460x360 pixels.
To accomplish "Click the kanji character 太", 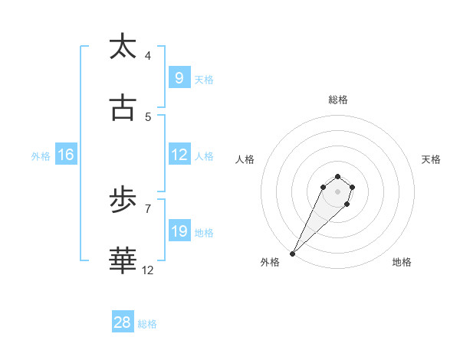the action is (123, 47).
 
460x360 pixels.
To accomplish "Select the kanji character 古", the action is (123, 109).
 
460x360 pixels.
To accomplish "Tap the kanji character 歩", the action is (123, 201).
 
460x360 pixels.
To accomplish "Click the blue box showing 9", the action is (179, 78).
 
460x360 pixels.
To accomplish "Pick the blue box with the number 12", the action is (179, 155).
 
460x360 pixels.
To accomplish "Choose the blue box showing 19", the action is (179, 231).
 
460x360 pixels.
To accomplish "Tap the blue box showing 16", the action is (66, 155).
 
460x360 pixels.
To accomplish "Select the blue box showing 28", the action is (123, 322).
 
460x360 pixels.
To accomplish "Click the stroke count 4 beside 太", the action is (148, 56).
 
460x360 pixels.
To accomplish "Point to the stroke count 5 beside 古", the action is (148, 117).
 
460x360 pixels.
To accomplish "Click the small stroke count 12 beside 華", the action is (148, 270).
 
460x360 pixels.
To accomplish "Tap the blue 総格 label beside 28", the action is (147, 324).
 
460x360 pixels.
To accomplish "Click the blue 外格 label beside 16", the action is (41, 155).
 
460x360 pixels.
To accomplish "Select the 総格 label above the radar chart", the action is (338, 100).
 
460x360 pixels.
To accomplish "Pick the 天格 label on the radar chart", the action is (432, 159).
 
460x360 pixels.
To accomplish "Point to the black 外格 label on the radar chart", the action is (270, 262).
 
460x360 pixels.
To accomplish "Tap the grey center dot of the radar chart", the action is (337, 191).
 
